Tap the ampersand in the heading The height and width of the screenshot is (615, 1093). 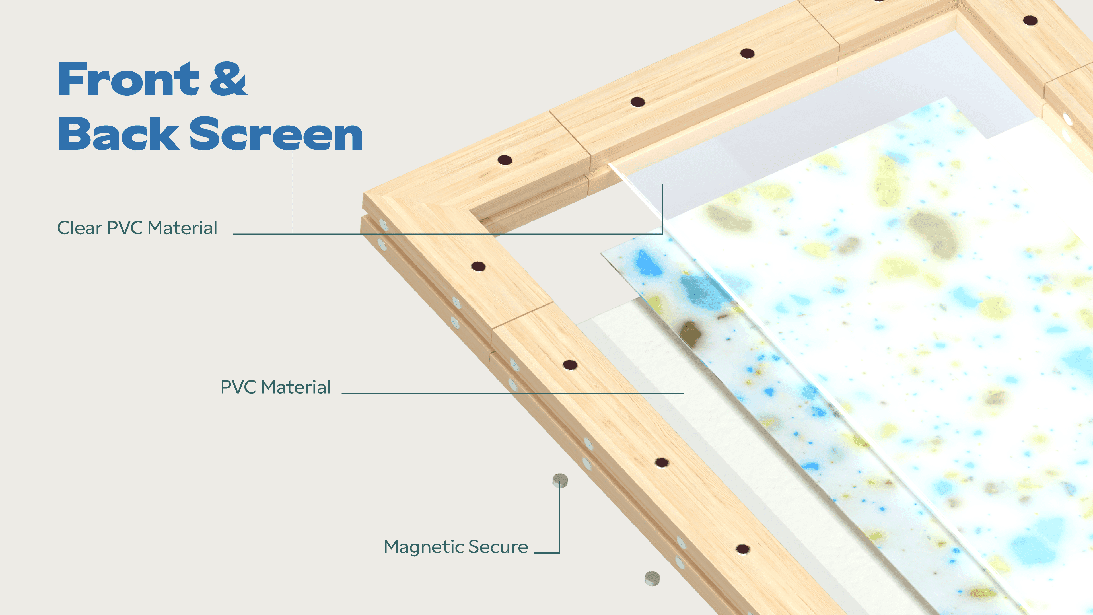pos(228,79)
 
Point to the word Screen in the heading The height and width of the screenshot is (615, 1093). pos(276,134)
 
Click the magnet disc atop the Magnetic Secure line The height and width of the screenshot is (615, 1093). pos(560,480)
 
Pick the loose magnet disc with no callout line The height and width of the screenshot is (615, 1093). pos(652,579)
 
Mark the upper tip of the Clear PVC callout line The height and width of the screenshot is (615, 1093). pos(662,184)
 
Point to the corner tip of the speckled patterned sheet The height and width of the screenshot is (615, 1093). pos(601,254)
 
